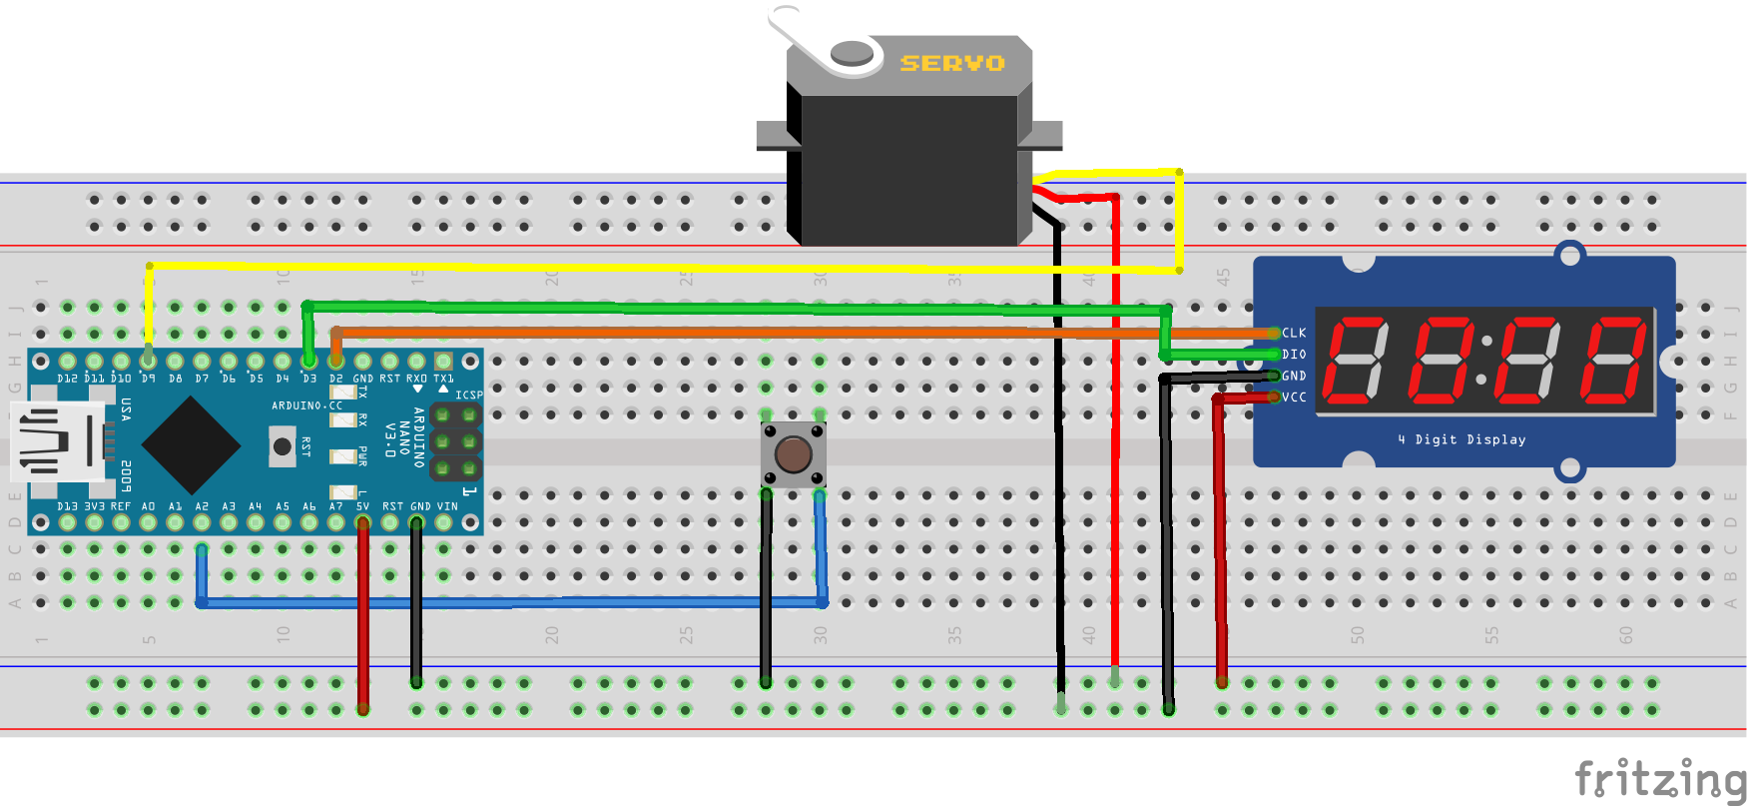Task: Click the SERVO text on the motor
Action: point(951,63)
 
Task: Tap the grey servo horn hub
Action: point(852,53)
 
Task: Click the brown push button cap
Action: point(794,454)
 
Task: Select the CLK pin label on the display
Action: point(1294,333)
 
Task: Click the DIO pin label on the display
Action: point(1294,355)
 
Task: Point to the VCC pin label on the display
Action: point(1294,398)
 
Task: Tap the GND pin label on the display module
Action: point(1294,377)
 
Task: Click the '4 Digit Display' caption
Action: point(1461,439)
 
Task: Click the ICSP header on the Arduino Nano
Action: point(455,440)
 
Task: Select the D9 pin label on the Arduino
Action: point(148,380)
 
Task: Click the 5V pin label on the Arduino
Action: point(362,506)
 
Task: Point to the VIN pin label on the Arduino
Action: point(446,506)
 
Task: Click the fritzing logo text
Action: point(1659,778)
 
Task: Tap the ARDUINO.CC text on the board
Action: point(306,405)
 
